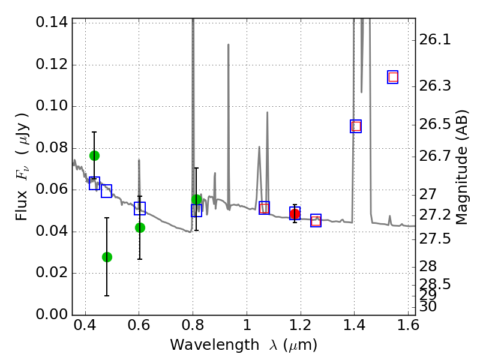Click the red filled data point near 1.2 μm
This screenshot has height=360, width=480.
coord(295,214)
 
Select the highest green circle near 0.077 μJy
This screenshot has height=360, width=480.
coord(94,155)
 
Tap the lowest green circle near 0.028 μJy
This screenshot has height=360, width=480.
coord(107,257)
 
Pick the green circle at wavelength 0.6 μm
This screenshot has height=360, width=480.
coord(140,227)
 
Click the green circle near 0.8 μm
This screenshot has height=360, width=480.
coord(196,200)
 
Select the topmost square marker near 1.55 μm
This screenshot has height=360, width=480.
coord(393,77)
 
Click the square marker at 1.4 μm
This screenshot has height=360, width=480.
coord(356,126)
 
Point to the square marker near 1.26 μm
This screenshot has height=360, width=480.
coord(316,220)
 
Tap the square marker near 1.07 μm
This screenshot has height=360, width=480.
coord(264,208)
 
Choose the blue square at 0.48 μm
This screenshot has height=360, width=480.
coord(106,191)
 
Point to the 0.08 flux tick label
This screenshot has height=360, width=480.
coord(52,148)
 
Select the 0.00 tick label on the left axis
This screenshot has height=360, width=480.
coord(52,314)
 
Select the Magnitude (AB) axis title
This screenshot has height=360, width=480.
coord(462,167)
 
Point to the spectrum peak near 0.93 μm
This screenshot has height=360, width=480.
coord(229,45)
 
